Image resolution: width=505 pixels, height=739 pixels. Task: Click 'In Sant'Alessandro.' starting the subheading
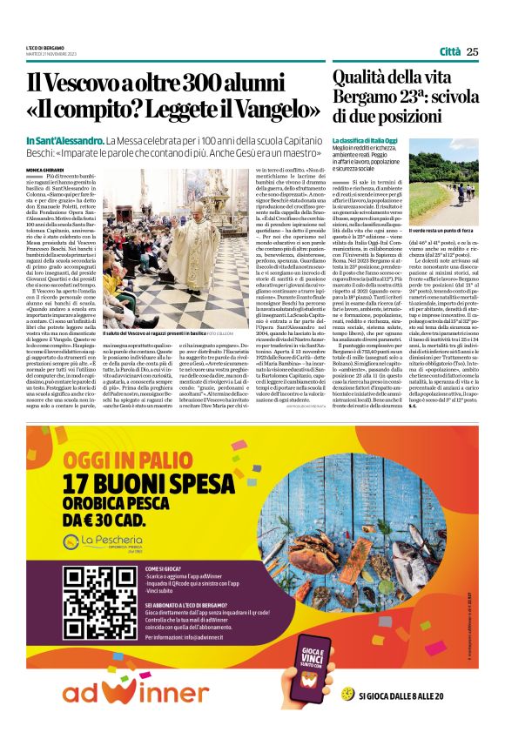click(63, 140)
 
